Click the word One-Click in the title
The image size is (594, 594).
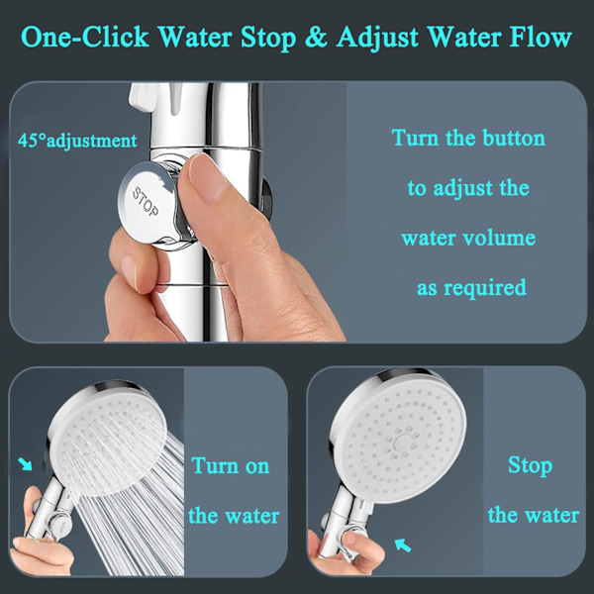[x=85, y=38]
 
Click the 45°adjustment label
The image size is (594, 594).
[x=77, y=141]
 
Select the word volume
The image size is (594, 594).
[x=499, y=238]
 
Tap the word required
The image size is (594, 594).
[x=485, y=288]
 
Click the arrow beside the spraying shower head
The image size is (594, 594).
[x=26, y=463]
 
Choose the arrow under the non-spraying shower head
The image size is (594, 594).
[x=402, y=545]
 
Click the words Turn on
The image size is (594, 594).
[x=231, y=466]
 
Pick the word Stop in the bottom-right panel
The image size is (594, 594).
[x=530, y=466]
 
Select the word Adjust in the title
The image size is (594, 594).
[x=377, y=38]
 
